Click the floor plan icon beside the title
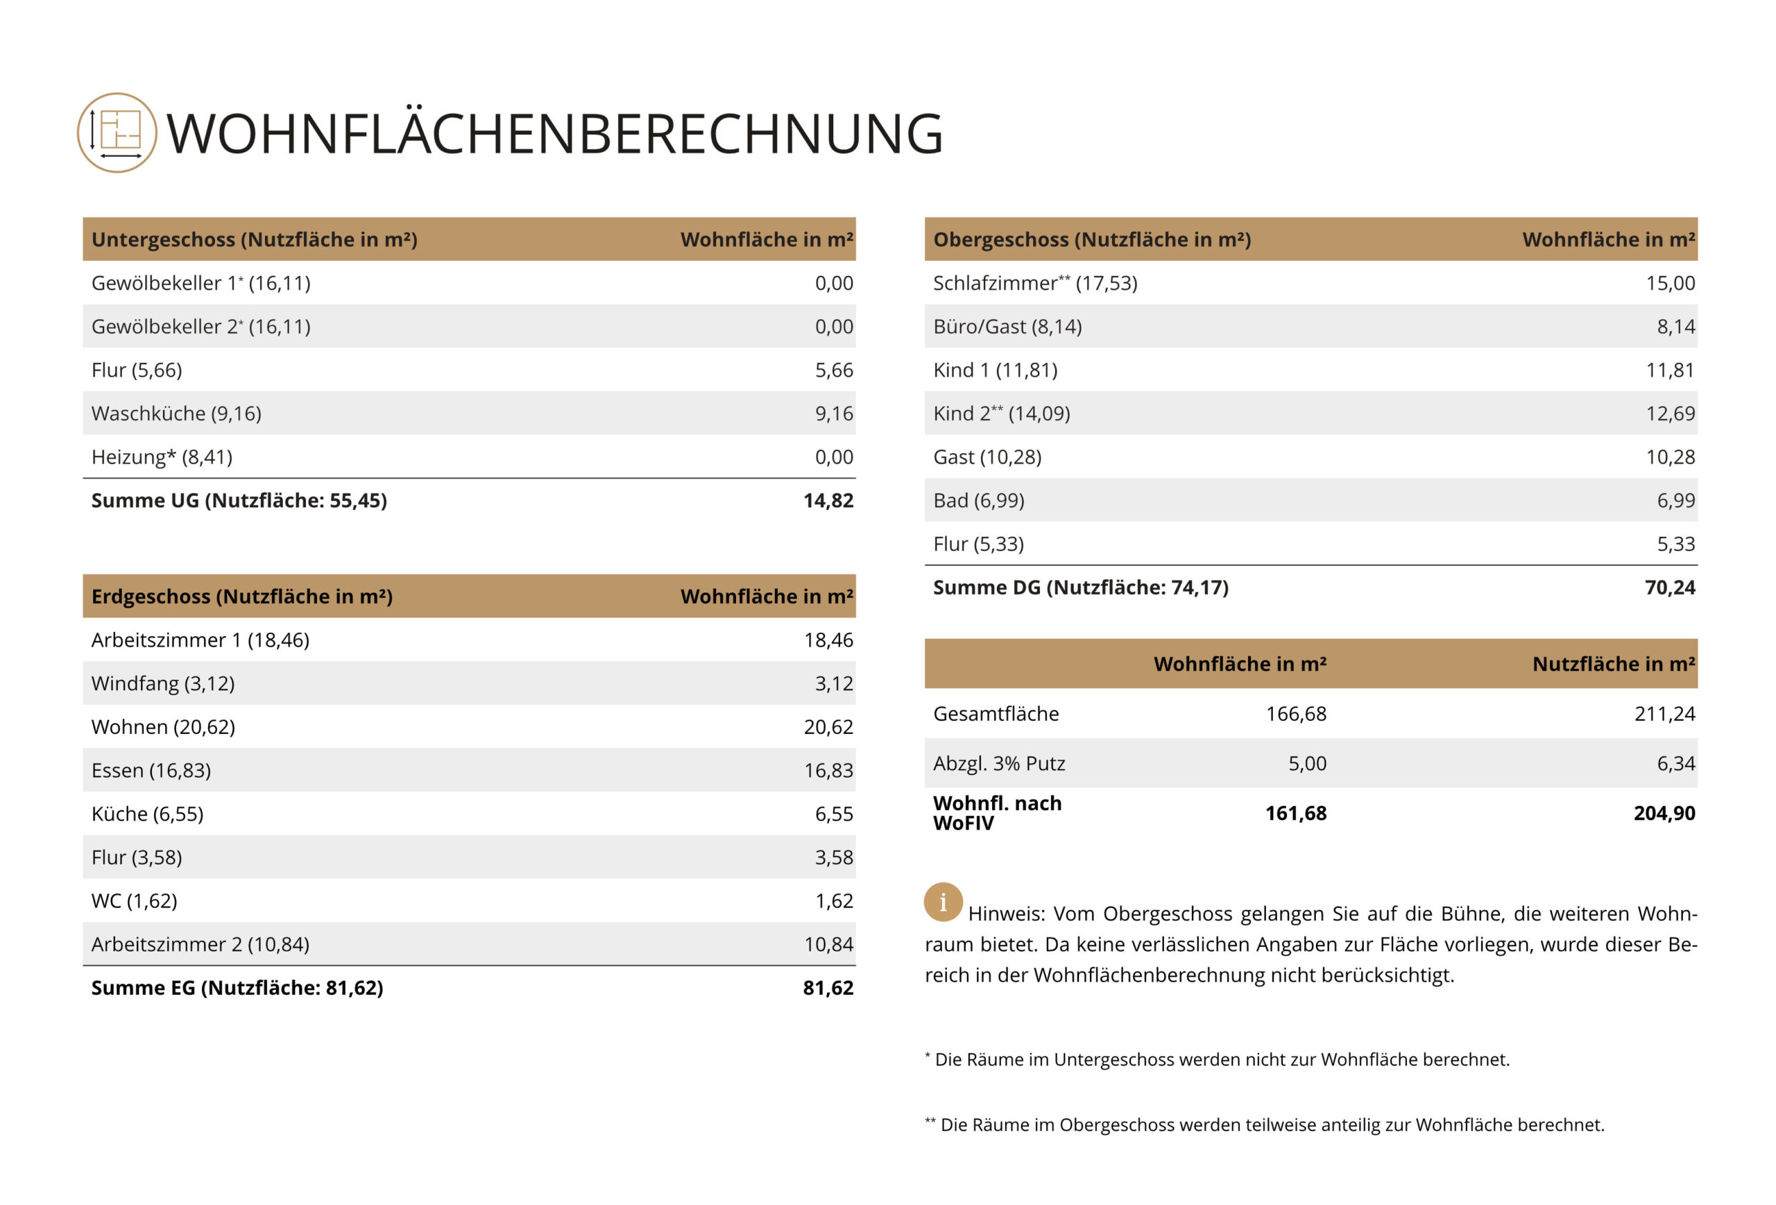coord(117,133)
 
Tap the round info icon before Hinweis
coord(942,902)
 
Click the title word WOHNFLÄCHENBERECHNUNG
coord(554,134)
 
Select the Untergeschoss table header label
coord(254,239)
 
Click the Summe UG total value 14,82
coord(828,500)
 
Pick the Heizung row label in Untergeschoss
coord(161,457)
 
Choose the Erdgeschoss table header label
coord(241,596)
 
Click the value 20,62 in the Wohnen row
coord(828,726)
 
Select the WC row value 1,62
coord(833,901)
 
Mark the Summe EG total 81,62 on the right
coord(828,988)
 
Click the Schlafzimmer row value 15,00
coord(1670,284)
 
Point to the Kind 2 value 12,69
coord(1670,413)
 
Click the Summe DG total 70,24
coord(1670,588)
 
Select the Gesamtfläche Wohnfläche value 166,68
coord(1295,714)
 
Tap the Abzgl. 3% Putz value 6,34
coord(1675,763)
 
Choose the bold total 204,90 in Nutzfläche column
coord(1664,813)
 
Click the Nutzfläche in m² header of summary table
coord(1613,664)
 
